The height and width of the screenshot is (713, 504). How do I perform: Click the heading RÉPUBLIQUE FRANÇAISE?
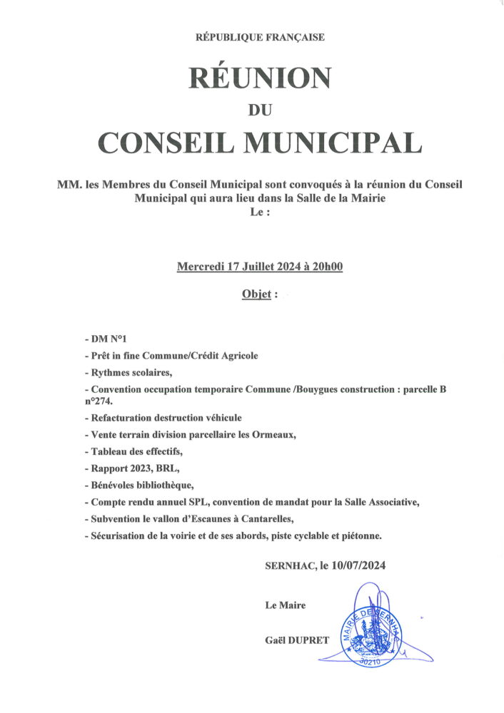tap(260, 37)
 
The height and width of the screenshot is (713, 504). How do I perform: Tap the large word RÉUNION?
tap(260, 77)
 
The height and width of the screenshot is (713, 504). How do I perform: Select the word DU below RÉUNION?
tap(259, 110)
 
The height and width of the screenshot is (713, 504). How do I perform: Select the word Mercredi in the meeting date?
tap(199, 267)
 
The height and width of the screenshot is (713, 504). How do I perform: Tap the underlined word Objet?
tap(255, 294)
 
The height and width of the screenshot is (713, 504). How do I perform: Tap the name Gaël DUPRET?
tap(297, 640)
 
